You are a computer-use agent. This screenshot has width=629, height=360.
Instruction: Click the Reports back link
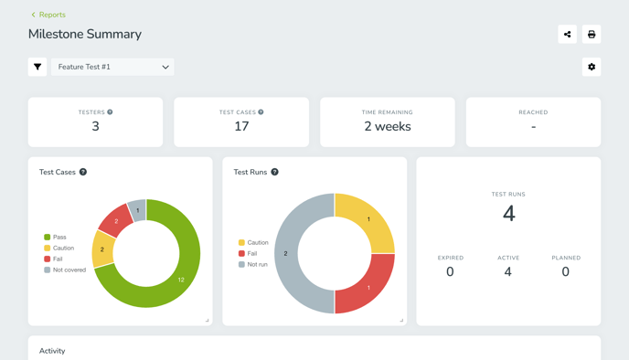(48, 15)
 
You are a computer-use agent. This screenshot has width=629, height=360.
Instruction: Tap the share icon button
(567, 35)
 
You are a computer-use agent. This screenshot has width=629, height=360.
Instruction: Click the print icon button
(592, 35)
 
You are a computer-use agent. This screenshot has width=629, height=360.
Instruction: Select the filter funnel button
(37, 67)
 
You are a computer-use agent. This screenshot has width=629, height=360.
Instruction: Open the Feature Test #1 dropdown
(112, 67)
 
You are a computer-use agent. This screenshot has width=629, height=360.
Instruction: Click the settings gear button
(592, 67)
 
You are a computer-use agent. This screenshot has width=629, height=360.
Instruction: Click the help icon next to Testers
(110, 112)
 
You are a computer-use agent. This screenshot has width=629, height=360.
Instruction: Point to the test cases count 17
(241, 127)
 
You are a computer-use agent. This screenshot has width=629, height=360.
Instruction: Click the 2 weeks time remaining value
(388, 127)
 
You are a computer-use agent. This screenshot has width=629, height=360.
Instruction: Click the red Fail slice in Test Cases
(116, 220)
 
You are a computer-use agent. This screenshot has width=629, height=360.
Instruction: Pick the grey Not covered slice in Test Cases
(137, 210)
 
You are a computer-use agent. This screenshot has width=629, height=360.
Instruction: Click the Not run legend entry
(253, 264)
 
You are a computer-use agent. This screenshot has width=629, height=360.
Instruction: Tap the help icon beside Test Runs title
(274, 172)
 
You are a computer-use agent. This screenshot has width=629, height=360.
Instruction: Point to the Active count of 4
(508, 271)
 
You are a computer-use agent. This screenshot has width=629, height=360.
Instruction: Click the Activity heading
(52, 351)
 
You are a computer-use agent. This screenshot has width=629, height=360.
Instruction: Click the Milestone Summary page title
(85, 35)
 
